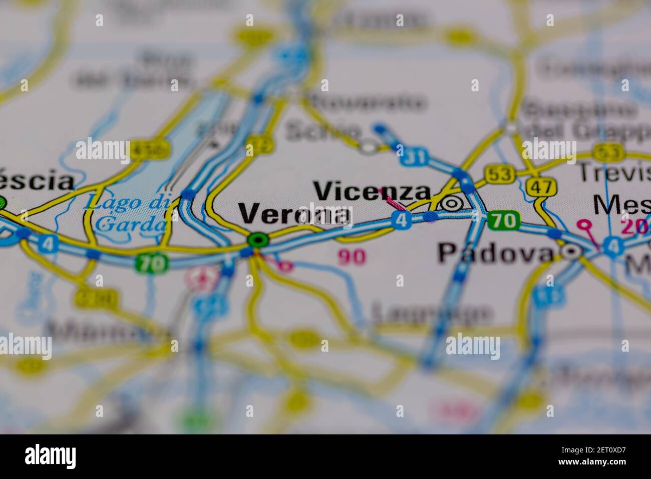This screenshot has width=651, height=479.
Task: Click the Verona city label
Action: click(294, 214)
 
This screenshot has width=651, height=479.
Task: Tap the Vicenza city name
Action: click(372, 191)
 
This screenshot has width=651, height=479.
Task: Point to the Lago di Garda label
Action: click(128, 213)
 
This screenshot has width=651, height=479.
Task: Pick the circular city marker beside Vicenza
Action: click(452, 203)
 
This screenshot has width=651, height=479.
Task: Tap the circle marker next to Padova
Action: click(571, 251)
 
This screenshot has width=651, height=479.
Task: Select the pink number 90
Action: click(352, 257)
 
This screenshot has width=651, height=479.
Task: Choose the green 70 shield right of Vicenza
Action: click(503, 220)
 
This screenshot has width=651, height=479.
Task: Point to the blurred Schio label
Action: click(322, 131)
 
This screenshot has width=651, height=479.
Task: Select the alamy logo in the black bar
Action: click(51, 456)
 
